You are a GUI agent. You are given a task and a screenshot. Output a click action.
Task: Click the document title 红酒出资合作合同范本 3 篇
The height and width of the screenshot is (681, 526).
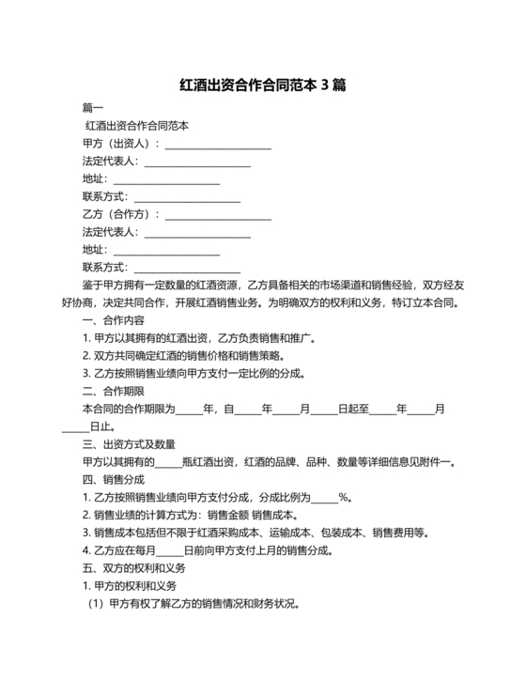pyautogui.click(x=263, y=85)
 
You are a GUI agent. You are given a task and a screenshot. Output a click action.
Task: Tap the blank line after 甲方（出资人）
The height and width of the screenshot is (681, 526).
pyautogui.click(x=218, y=144)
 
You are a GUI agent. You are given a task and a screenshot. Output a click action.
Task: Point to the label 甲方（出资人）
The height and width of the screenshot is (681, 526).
pyautogui.click(x=121, y=144)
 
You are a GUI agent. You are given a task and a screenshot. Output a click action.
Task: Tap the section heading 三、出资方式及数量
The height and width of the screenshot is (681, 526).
pyautogui.click(x=130, y=444)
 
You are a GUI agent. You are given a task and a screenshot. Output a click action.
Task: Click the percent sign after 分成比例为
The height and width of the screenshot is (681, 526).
pyautogui.click(x=344, y=498)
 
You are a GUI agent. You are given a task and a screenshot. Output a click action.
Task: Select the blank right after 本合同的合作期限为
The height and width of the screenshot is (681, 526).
pyautogui.click(x=189, y=410)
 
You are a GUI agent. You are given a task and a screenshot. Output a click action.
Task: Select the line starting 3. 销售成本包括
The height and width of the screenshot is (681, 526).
pyautogui.click(x=255, y=533)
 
